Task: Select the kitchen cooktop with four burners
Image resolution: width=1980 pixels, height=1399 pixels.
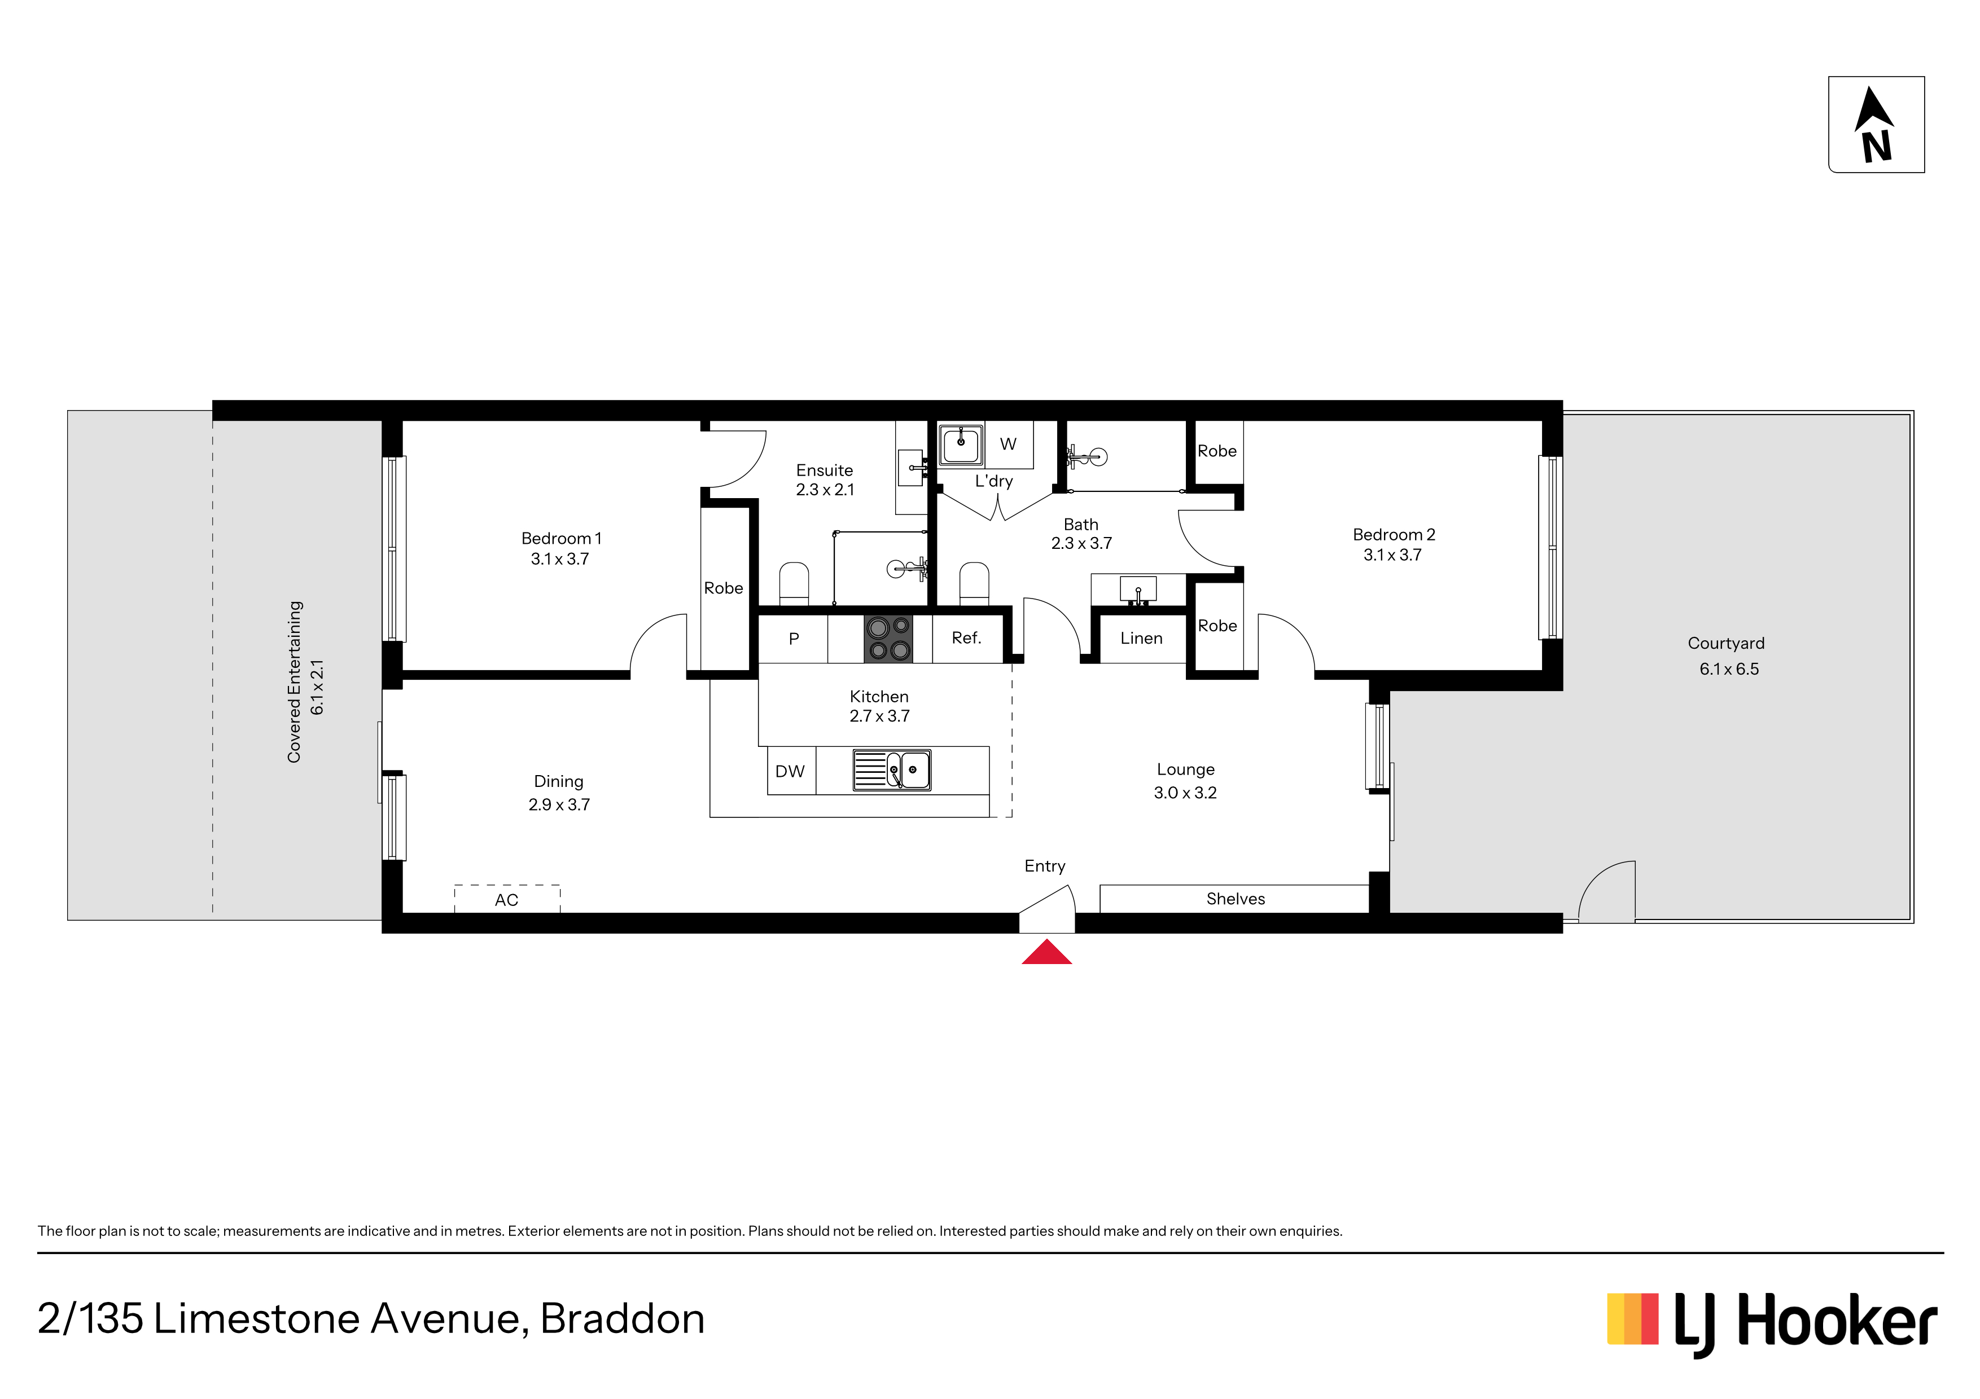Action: (x=888, y=638)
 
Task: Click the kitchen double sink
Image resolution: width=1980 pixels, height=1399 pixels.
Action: (x=892, y=770)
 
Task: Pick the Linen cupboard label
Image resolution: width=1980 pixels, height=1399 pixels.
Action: (x=1141, y=639)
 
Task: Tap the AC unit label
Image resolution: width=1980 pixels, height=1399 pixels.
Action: (x=506, y=900)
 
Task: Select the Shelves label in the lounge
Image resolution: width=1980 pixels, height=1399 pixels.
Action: (x=1235, y=899)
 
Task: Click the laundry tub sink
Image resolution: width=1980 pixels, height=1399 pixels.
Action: (x=961, y=445)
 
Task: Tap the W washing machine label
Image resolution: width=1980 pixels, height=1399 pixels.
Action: (x=1008, y=444)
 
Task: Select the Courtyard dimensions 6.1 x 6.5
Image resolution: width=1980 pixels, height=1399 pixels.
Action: (x=1728, y=669)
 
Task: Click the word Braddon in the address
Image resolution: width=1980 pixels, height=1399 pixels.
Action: (x=623, y=1319)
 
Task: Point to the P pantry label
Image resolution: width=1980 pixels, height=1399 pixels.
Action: (x=794, y=639)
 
